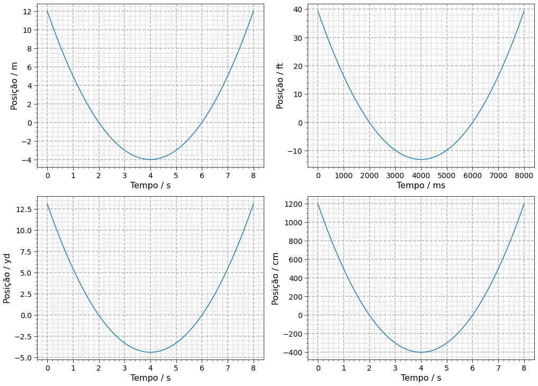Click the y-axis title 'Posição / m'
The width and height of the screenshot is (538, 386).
[x=14, y=86]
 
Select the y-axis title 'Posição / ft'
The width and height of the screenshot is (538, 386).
[x=280, y=86]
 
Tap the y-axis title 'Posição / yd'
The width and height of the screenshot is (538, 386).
[x=7, y=278]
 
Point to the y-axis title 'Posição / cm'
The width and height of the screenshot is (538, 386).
[x=275, y=278]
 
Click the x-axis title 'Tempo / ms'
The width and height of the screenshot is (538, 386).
[x=421, y=185]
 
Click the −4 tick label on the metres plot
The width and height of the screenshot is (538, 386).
[x=25, y=160]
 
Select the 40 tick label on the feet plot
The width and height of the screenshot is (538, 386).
[x=297, y=10]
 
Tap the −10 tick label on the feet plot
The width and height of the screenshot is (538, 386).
[x=293, y=151]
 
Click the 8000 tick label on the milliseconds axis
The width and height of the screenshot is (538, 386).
[x=524, y=175]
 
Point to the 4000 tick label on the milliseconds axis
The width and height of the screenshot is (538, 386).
[x=421, y=175]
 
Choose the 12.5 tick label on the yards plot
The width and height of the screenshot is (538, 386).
[x=23, y=209]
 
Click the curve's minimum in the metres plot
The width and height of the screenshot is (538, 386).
[x=150, y=160]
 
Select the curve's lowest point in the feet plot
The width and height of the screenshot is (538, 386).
[x=421, y=160]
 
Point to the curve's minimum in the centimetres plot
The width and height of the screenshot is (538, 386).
[x=421, y=352]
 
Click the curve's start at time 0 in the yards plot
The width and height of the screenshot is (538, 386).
[x=47, y=204]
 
